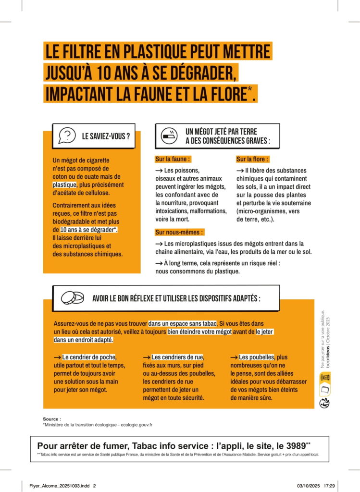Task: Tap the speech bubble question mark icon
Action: pyautogui.click(x=67, y=135)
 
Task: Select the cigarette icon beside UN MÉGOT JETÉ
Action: pyautogui.click(x=169, y=136)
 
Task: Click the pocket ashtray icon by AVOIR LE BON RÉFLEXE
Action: pyautogui.click(x=72, y=298)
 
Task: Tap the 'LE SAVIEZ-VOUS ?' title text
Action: pyautogui.click(x=106, y=136)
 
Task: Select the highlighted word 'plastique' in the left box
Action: pyautogui.click(x=64, y=184)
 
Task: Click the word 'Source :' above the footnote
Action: pyautogui.click(x=52, y=419)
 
